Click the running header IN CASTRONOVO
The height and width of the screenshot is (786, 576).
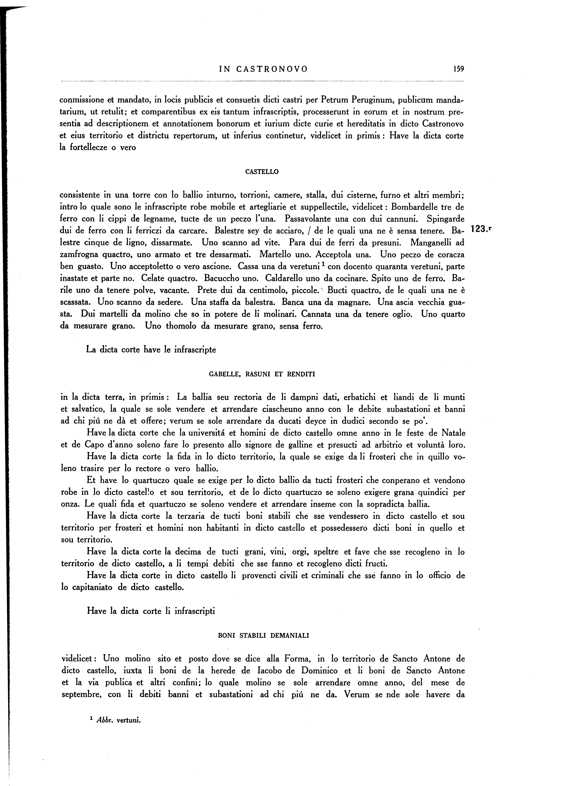pyautogui.click(x=264, y=69)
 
